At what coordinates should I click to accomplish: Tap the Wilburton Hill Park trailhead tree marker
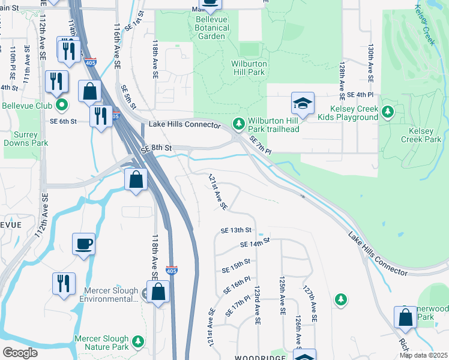point(239,123)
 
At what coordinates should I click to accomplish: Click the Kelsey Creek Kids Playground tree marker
point(388,111)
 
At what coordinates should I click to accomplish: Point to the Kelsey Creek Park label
point(424,135)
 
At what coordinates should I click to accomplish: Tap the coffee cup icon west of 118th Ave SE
point(84,244)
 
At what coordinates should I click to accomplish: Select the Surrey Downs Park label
point(25,139)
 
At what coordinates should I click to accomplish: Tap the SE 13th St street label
point(235,230)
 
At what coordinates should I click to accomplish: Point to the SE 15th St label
point(235,263)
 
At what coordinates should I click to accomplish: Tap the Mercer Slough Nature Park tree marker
point(138,341)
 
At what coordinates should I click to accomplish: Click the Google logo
point(20,352)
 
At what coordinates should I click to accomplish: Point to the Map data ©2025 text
point(423,355)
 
